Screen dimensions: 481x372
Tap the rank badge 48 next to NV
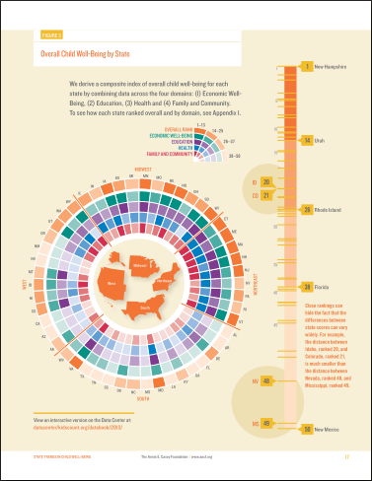(266, 380)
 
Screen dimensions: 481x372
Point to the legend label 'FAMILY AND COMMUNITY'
(169, 156)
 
